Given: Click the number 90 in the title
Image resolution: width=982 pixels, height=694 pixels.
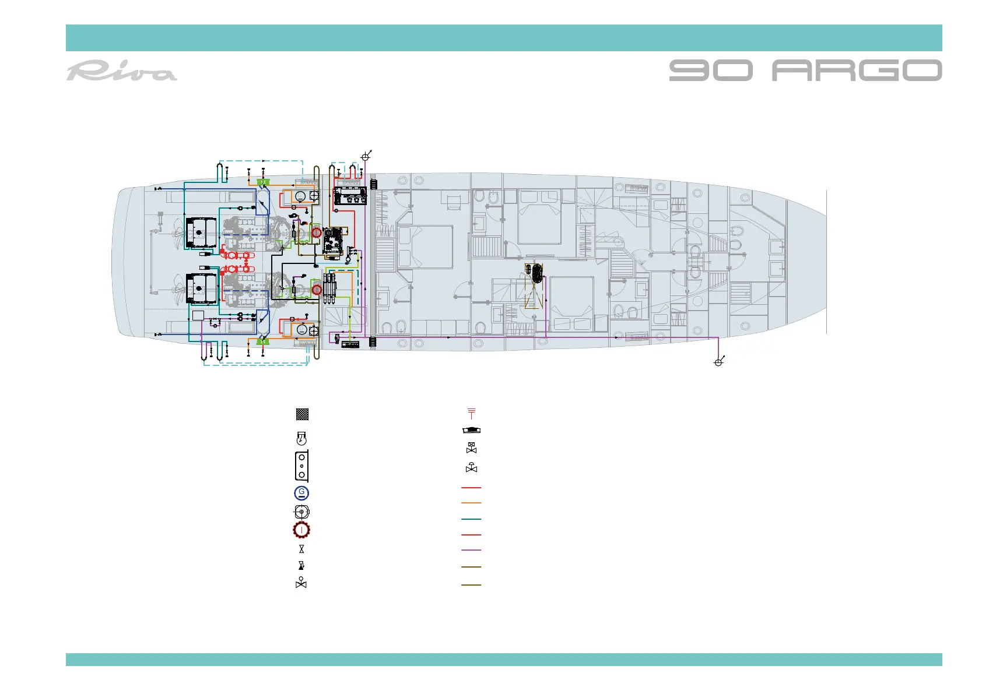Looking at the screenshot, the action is tap(710, 70).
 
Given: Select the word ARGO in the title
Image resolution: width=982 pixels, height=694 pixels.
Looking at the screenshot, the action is tap(857, 70).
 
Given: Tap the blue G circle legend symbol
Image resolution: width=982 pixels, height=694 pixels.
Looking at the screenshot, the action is tap(301, 493).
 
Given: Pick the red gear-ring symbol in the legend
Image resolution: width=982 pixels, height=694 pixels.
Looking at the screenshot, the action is tap(301, 530).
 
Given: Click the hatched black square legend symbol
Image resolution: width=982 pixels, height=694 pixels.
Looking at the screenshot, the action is tap(302, 414).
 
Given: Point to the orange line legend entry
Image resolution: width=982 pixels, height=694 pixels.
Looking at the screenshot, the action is tap(471, 503).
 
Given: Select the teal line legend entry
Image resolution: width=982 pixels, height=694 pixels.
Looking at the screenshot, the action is tap(471, 519).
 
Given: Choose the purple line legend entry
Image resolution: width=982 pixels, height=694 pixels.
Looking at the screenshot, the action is tap(471, 550).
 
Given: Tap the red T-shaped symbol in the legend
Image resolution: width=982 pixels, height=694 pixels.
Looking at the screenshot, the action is tap(471, 413).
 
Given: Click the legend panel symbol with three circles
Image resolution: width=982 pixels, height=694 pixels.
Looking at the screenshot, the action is tap(301, 465).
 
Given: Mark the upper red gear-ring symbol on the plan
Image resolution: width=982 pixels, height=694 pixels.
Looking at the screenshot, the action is tap(316, 232).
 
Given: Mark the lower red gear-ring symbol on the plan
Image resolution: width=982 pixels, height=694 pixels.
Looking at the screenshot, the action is tap(317, 289).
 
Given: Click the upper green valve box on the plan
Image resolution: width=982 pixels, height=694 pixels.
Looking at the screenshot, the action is tap(263, 182).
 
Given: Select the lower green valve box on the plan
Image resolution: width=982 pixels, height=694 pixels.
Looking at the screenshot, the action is tap(263, 341).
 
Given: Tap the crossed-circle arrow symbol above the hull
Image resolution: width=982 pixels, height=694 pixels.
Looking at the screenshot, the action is tap(366, 156).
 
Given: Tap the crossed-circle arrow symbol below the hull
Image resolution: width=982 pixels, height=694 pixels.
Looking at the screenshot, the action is tap(719, 362).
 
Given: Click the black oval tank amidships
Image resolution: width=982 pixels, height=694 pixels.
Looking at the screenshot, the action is tap(536, 273).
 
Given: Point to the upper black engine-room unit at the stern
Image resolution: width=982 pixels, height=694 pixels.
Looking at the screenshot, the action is tap(201, 232).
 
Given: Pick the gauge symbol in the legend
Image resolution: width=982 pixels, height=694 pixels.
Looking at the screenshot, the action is tap(301, 438).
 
